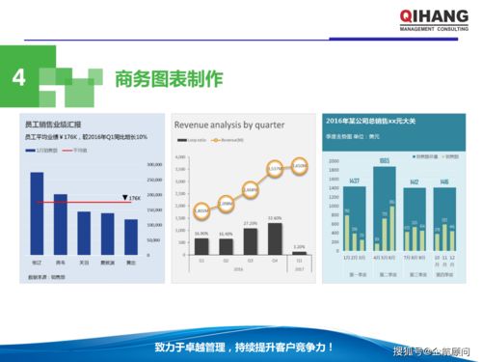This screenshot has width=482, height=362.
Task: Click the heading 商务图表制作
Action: click(169, 78)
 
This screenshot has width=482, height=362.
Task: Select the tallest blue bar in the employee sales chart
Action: click(37, 212)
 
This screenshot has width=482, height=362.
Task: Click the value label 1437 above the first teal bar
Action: click(354, 181)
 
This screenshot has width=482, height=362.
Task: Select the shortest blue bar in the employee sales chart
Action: click(130, 237)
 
